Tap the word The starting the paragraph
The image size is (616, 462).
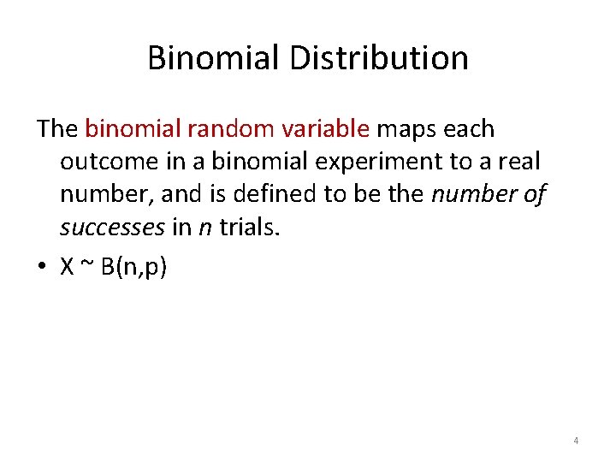57,129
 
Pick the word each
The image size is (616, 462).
469,129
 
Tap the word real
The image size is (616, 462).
518,162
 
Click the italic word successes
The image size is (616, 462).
112,227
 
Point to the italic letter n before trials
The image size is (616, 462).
205,227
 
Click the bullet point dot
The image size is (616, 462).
41,266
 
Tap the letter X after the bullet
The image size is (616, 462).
67,266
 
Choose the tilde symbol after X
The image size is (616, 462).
86,266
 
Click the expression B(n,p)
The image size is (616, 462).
134,267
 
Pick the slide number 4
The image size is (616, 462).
576,441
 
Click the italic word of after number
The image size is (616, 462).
532,194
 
